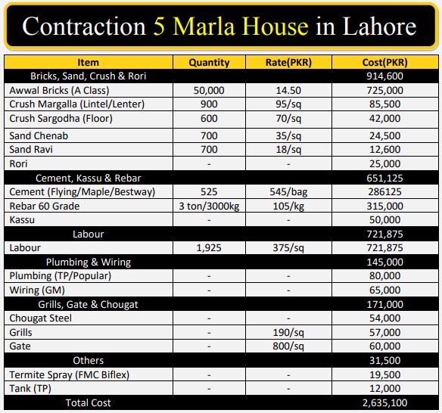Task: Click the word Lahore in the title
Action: (379, 26)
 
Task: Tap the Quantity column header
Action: (209, 63)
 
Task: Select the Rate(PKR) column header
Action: (288, 63)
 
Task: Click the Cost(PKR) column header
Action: (384, 63)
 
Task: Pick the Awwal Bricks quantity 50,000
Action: (209, 91)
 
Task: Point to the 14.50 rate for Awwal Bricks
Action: (288, 91)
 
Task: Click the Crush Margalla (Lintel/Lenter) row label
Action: (76, 104)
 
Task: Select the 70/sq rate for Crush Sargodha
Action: (288, 119)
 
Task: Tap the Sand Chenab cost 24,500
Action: (384, 136)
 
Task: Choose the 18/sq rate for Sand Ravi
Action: (288, 150)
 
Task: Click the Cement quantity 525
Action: (209, 192)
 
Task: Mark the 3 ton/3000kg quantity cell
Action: (209, 206)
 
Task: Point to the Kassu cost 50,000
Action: (384, 220)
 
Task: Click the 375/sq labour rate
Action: (288, 248)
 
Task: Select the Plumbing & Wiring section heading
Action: (89, 262)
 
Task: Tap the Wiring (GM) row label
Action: (37, 290)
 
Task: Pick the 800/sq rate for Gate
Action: (288, 346)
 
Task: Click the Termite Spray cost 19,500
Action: (384, 375)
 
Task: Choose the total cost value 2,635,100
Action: (384, 403)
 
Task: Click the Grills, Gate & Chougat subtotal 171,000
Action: (384, 305)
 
